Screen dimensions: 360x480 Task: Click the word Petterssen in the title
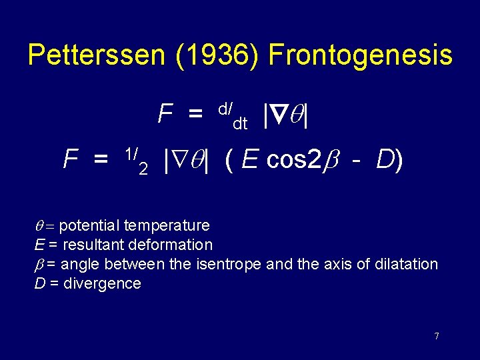91,55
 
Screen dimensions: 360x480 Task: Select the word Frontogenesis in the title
360,55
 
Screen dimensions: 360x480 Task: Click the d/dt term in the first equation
233,115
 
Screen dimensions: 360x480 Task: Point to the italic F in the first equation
165,115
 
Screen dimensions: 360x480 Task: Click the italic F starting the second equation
70,160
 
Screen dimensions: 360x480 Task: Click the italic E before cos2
250,160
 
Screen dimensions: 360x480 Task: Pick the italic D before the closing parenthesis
385,160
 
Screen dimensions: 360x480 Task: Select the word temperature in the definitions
167,226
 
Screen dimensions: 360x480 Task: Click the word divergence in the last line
102,283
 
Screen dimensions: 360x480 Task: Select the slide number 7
437,336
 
